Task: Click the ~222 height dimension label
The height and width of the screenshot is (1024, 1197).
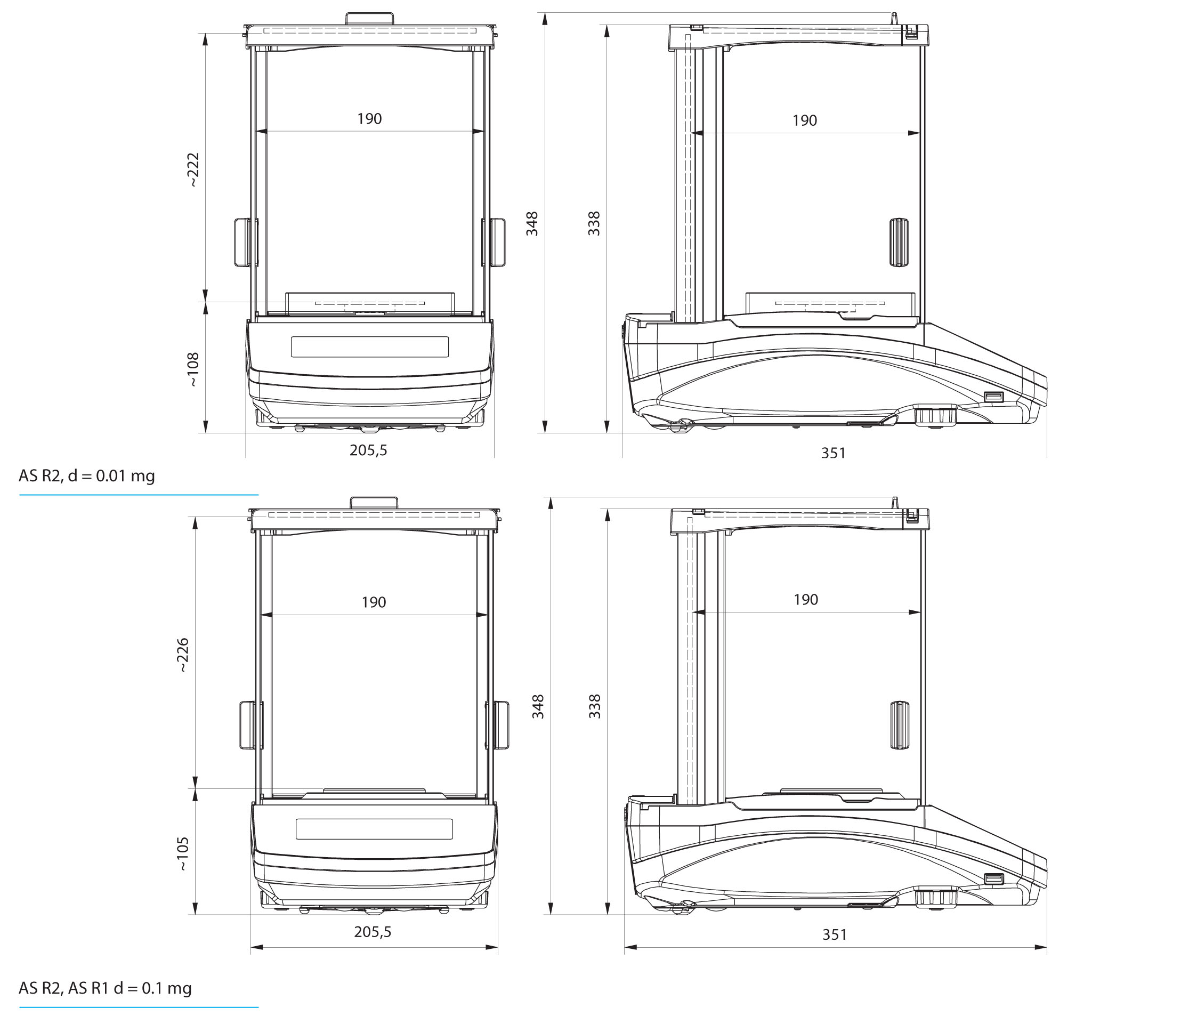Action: pos(193,170)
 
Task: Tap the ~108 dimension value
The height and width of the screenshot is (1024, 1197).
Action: pos(193,370)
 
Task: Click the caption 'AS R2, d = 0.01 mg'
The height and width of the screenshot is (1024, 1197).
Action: pos(87,476)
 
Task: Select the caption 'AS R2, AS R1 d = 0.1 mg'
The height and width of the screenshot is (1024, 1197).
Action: pos(105,988)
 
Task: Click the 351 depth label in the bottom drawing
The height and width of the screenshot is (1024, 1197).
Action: pos(835,934)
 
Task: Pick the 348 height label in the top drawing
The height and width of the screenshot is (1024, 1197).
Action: pos(532,224)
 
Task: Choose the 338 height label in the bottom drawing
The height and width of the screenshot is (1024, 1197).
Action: pos(594,706)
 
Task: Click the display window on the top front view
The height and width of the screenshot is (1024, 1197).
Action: pos(370,346)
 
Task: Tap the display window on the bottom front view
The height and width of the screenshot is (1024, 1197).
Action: pos(374,829)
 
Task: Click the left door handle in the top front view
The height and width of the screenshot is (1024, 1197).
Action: pos(245,242)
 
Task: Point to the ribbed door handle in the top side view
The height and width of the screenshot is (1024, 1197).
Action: pos(897,242)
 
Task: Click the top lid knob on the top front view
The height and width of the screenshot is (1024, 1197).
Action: pos(370,19)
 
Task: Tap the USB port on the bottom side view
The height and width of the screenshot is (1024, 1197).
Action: pos(993,879)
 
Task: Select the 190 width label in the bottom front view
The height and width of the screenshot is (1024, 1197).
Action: pos(374,602)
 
